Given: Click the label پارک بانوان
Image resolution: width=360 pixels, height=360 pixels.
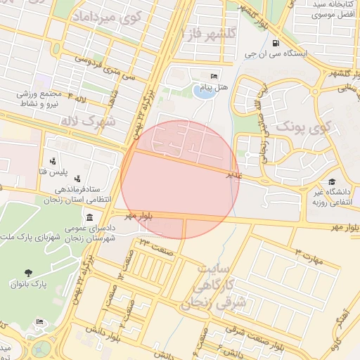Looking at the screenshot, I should tap(28, 285).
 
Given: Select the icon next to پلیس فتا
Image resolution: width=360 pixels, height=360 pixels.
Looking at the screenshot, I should tap(52, 161).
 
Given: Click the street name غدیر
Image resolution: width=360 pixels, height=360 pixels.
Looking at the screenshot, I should tap(233, 174).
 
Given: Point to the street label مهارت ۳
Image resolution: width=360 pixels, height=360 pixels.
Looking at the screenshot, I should tap(307, 256).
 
